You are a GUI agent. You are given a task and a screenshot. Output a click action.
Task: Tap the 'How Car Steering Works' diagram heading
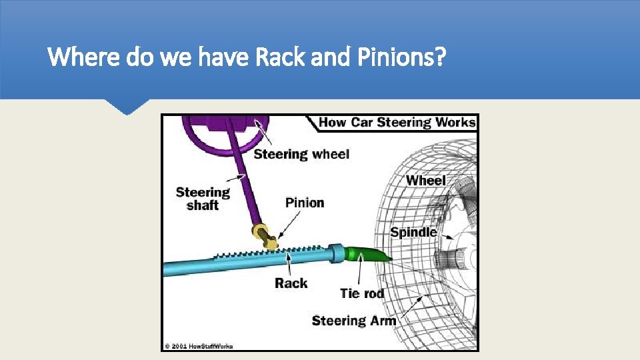tap(397, 123)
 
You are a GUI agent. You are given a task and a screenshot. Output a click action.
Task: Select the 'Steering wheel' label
tap(301, 154)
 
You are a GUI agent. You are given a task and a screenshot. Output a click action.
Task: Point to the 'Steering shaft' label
tap(203, 199)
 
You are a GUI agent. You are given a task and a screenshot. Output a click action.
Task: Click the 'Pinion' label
tap(305, 203)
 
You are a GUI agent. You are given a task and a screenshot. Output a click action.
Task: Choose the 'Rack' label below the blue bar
tap(291, 283)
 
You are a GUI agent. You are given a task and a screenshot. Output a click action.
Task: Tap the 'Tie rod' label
tap(362, 293)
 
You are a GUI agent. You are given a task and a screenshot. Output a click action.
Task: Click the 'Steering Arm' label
tap(354, 321)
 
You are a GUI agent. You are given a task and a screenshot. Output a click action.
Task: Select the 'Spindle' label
tap(413, 232)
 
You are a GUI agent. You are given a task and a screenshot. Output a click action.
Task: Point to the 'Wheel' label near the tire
tap(425, 180)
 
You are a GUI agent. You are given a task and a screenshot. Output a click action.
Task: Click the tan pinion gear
tap(264, 237)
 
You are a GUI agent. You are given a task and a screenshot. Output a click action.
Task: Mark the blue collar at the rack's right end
tap(336, 254)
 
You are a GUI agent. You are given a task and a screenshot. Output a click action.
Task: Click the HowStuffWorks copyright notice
tap(198, 346)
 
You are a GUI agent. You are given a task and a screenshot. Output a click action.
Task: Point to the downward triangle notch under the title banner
tap(127, 107)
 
